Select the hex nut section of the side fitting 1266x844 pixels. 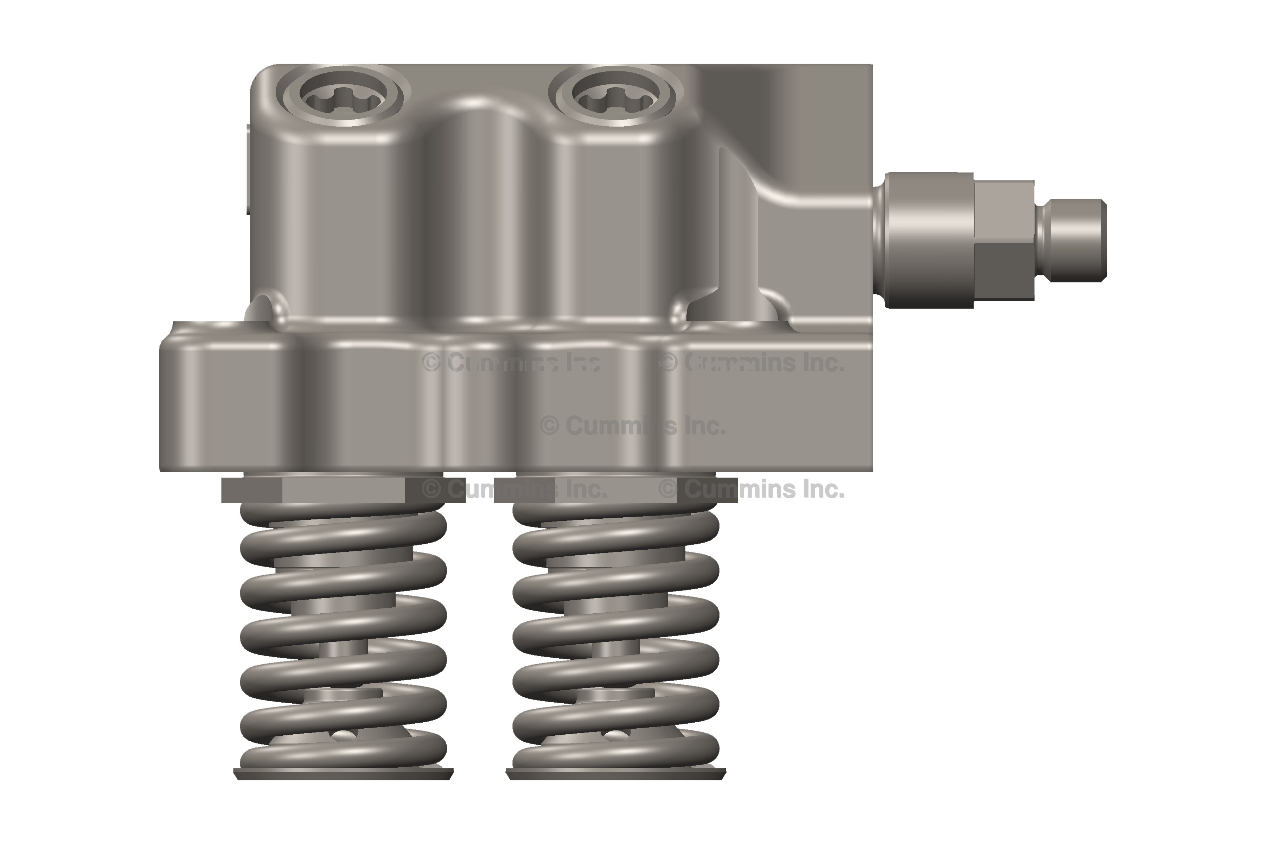1004,240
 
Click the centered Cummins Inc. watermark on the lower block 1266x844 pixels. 632,426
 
